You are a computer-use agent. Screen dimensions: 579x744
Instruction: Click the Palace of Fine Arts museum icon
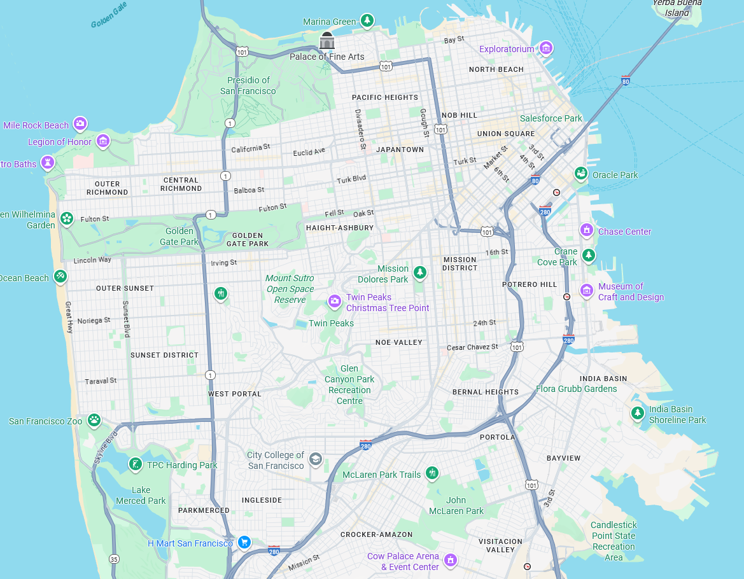point(327,41)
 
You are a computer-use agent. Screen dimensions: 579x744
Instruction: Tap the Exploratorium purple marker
point(545,48)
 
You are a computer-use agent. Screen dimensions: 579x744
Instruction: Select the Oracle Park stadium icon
point(580,173)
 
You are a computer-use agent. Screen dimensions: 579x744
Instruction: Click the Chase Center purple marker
point(587,230)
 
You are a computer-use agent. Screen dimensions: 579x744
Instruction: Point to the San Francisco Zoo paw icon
point(94,420)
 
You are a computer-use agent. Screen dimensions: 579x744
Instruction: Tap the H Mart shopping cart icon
point(244,542)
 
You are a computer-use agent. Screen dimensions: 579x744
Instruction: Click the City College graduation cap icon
point(315,459)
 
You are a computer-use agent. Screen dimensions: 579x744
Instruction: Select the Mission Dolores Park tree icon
point(419,272)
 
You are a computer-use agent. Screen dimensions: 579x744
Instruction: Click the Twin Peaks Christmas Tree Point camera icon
point(334,302)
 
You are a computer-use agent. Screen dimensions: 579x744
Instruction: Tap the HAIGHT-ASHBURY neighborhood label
point(340,228)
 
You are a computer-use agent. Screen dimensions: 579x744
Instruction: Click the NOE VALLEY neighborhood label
point(399,342)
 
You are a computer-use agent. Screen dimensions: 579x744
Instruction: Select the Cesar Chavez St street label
point(472,347)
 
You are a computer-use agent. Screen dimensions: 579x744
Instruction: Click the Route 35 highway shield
point(114,559)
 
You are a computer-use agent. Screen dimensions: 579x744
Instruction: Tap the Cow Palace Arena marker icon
point(451,560)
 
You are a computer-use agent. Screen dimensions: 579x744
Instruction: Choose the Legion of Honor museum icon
point(103,141)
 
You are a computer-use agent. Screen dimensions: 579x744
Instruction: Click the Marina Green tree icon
point(367,21)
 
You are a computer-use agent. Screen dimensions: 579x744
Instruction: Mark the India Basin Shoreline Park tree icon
point(637,413)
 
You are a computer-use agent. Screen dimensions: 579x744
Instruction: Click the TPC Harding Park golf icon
point(135,464)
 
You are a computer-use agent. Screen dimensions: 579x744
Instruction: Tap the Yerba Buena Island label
point(677,8)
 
